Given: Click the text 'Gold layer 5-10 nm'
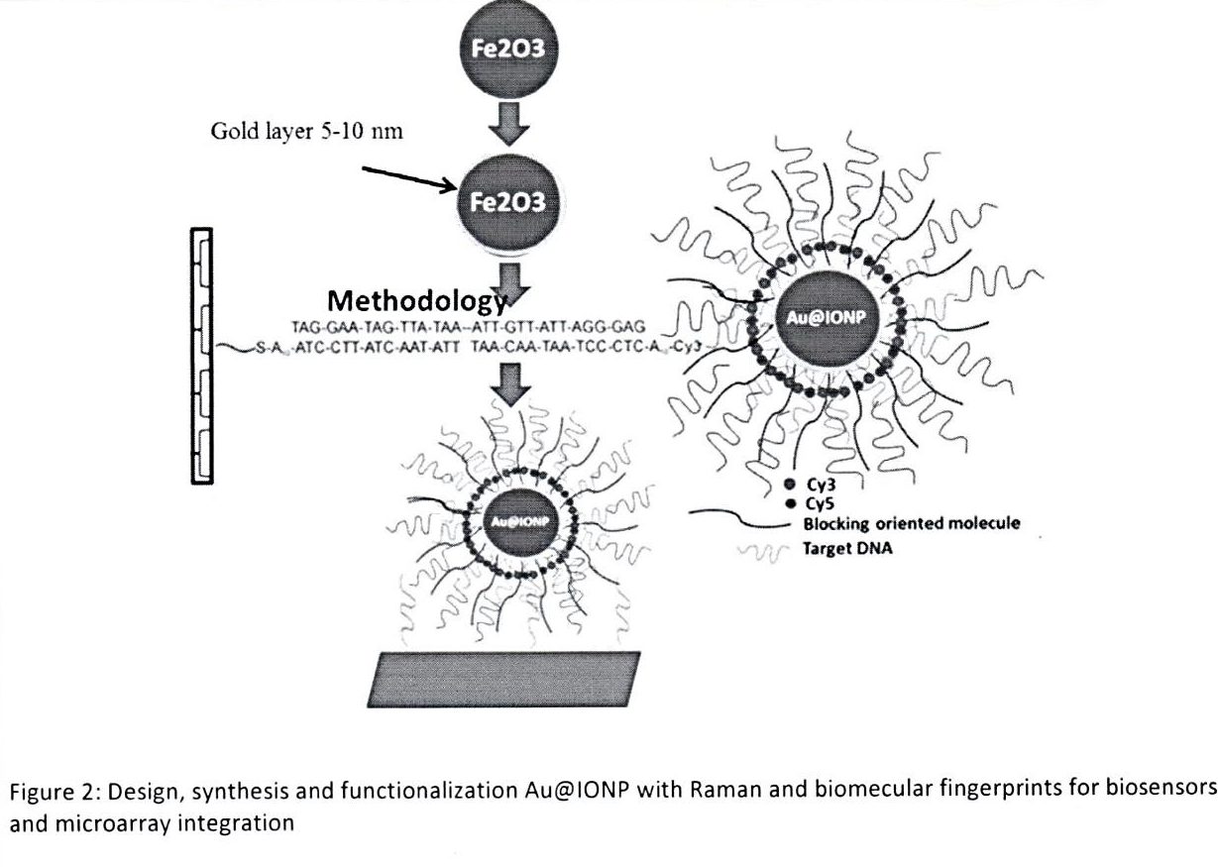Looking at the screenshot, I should [x=307, y=133].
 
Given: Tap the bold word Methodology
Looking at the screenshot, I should [x=416, y=299].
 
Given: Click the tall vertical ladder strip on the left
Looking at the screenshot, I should [x=201, y=354].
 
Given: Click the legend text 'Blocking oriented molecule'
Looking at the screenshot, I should [x=912, y=525].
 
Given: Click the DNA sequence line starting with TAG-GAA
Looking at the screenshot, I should [x=469, y=326].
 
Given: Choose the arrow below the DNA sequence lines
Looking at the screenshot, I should [x=510, y=384].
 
